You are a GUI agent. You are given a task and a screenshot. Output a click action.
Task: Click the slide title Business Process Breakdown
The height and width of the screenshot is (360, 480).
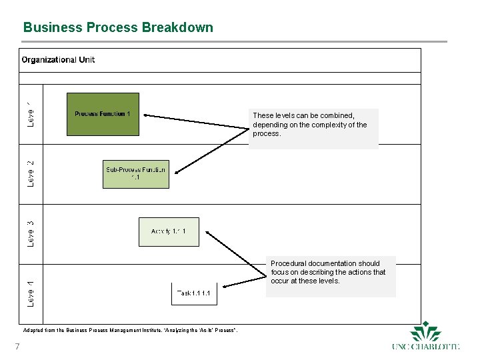pos(118,27)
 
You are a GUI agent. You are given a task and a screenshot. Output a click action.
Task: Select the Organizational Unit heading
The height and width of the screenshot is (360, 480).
pos(58,60)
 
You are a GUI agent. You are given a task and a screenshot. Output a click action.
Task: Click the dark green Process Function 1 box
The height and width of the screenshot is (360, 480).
pos(103,114)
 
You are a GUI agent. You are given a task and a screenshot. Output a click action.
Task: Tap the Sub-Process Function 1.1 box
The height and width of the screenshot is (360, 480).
pos(136,174)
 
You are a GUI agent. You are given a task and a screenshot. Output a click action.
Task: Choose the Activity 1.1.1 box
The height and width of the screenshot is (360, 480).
pos(169,232)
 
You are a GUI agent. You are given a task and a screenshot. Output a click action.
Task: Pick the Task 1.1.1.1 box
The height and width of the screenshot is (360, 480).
pos(194,293)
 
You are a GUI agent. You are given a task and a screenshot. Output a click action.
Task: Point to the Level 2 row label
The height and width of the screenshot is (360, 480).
pos(31,173)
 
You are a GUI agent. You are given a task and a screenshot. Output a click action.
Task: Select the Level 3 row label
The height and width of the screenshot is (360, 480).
pos(31,233)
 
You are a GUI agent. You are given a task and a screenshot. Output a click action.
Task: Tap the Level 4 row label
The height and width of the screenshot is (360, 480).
pos(31,293)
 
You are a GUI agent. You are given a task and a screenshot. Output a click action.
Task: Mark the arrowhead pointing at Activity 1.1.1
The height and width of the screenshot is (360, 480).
pos(208,233)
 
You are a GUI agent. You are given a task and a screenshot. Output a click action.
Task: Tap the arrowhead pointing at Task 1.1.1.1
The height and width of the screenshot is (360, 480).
pos(223,287)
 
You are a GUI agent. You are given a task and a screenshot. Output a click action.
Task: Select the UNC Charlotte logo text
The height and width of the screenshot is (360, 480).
pos(426,346)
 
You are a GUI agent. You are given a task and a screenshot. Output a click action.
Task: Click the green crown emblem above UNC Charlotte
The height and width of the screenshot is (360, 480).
pos(426,331)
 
